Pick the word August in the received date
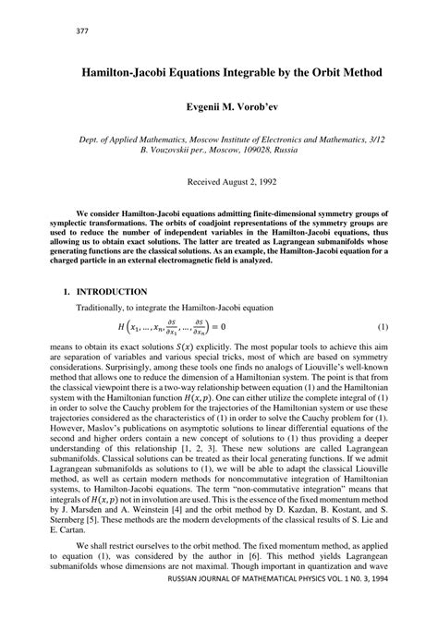231,181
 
